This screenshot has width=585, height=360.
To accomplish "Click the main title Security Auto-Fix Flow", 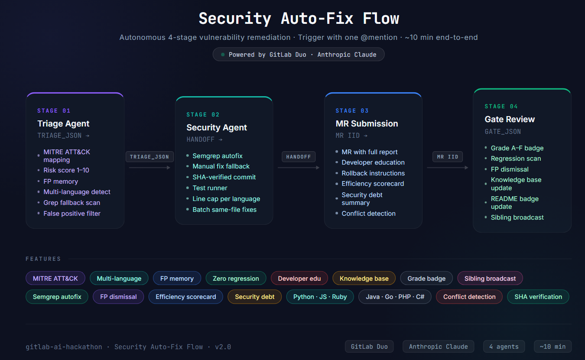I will click(x=299, y=19).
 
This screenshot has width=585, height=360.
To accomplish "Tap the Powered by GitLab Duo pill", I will click(x=299, y=55).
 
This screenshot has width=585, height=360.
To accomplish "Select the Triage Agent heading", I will click(x=63, y=123).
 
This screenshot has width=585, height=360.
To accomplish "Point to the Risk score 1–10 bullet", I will click(x=66, y=170).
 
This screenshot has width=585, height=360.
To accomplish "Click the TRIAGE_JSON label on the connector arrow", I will click(x=150, y=157).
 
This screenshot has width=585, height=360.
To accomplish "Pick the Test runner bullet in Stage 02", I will click(x=210, y=188).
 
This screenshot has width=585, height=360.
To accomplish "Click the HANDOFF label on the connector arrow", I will click(x=299, y=157).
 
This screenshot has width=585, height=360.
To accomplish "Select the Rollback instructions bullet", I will click(x=373, y=173).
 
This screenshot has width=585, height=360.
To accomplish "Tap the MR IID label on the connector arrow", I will click(x=448, y=157).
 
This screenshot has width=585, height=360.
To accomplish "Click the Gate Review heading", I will click(x=510, y=119).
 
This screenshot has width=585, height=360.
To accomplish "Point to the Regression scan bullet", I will click(x=516, y=159).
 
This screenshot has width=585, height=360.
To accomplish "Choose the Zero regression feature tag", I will click(x=236, y=279).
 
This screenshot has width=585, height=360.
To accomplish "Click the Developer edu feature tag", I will click(x=299, y=279).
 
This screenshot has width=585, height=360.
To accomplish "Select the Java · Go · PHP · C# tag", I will click(x=395, y=297).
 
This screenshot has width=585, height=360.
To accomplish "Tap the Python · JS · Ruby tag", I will click(x=320, y=297).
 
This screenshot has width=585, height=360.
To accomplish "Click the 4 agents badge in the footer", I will click(x=504, y=347).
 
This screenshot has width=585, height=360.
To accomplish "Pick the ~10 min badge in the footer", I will click(x=552, y=347).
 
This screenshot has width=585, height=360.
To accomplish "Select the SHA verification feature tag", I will click(x=538, y=297).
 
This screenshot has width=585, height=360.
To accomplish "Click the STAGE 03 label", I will click(x=352, y=111).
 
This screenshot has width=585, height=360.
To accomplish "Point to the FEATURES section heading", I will click(x=43, y=259).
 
